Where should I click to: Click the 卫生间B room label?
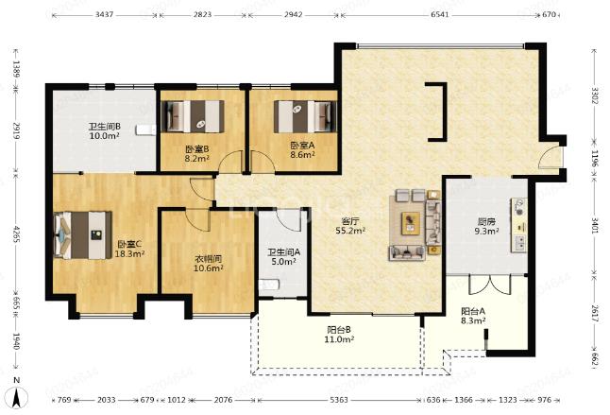104,127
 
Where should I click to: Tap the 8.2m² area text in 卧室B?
196,158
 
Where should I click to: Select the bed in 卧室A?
305,116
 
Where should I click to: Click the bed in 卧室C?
83,235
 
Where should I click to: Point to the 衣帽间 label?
208,258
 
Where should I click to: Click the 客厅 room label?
349,221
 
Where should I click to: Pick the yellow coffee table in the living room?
411,223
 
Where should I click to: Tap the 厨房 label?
486,222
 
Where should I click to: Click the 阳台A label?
473,311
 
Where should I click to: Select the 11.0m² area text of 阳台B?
339,339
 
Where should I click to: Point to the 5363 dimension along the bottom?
339,400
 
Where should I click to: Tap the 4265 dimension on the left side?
16,234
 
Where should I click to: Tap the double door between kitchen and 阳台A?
489,285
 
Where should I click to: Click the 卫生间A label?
283,252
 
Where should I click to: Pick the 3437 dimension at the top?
104,15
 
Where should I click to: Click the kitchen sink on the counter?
519,243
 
